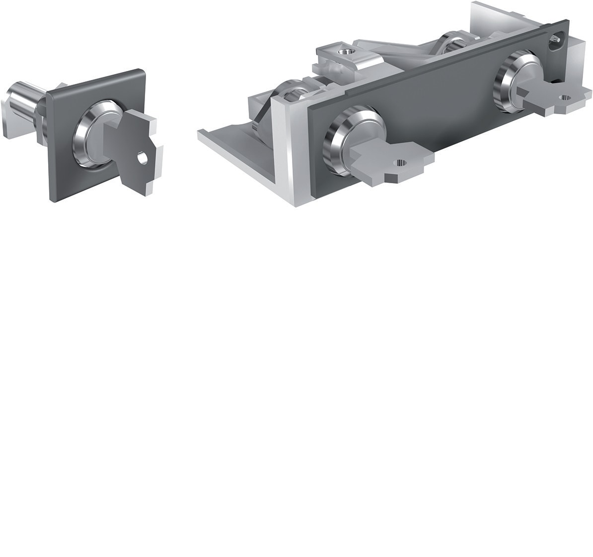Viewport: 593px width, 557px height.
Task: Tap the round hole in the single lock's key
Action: coord(143,159)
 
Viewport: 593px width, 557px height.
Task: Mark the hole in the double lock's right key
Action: coord(565,97)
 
